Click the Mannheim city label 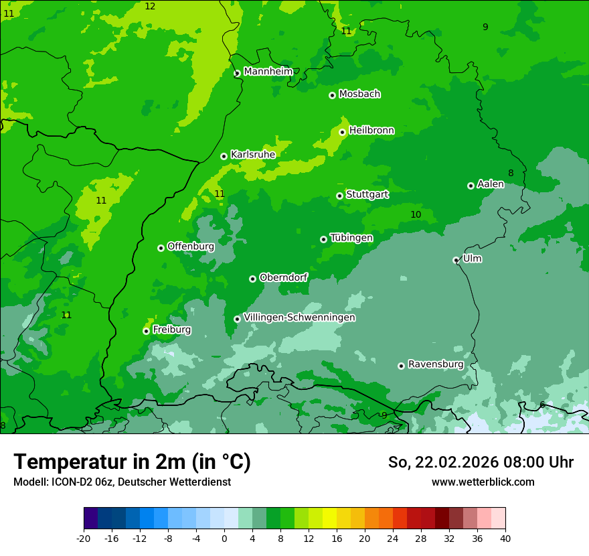click(x=268, y=72)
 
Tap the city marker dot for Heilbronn click(x=342, y=132)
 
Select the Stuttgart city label click(x=367, y=195)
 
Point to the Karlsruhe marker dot click(x=224, y=156)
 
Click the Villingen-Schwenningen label click(x=299, y=318)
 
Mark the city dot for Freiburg click(x=146, y=331)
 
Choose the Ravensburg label click(x=436, y=364)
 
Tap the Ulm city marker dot click(x=456, y=260)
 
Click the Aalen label click(x=491, y=184)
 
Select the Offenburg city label click(x=191, y=247)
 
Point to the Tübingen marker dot click(x=323, y=239)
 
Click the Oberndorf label click(x=283, y=277)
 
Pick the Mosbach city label click(x=359, y=94)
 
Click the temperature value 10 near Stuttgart click(x=416, y=214)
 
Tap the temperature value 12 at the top click(x=150, y=6)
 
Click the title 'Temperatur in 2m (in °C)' click(x=132, y=462)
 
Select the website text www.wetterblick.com click(x=483, y=482)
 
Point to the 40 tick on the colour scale click(x=505, y=538)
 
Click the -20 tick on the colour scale click(x=84, y=538)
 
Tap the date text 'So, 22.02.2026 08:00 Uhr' click(x=481, y=462)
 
